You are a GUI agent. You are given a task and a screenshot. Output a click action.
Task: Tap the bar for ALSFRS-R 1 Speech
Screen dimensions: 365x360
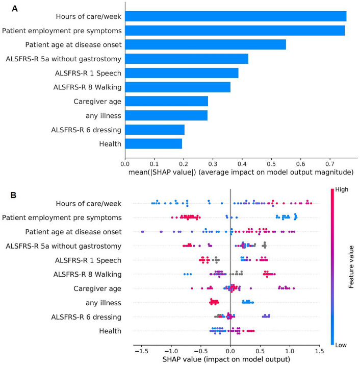coord(182,72)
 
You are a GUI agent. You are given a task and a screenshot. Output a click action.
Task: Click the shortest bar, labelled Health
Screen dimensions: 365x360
coord(153,143)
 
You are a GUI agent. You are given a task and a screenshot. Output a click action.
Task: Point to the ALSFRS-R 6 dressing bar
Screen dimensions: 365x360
coord(155,129)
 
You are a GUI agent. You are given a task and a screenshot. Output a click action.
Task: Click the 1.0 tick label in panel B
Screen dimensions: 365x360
coord(290,351)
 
